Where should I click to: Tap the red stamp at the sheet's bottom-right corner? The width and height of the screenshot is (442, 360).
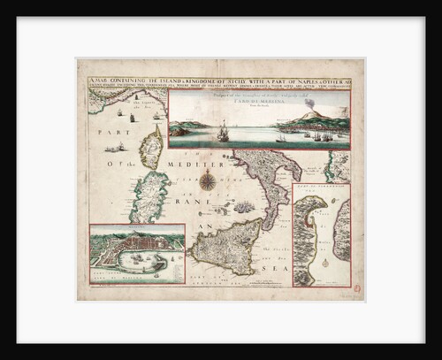click(x=358, y=288)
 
